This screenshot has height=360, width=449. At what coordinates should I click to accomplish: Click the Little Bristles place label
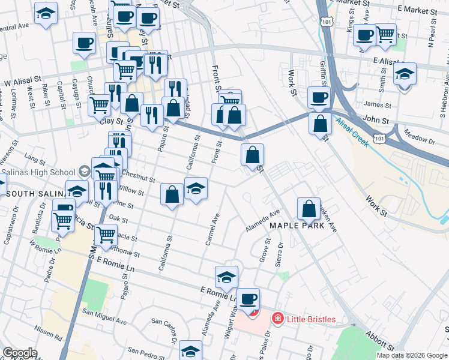click(x=311, y=319)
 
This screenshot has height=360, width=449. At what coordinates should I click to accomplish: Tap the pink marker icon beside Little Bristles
click(x=277, y=319)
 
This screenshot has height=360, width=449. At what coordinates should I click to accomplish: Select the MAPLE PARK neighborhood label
click(x=297, y=226)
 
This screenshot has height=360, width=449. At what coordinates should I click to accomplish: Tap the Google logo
click(x=20, y=353)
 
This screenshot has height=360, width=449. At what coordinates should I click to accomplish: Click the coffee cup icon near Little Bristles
click(x=247, y=298)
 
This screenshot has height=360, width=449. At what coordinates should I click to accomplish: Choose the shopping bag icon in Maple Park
click(x=309, y=209)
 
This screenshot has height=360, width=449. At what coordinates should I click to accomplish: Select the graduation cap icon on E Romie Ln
click(x=226, y=277)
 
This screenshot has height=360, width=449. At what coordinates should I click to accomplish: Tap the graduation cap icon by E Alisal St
click(x=405, y=74)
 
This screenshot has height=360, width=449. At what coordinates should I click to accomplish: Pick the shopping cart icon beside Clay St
click(x=99, y=104)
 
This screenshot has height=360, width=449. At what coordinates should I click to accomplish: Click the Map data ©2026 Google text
click(x=412, y=355)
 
